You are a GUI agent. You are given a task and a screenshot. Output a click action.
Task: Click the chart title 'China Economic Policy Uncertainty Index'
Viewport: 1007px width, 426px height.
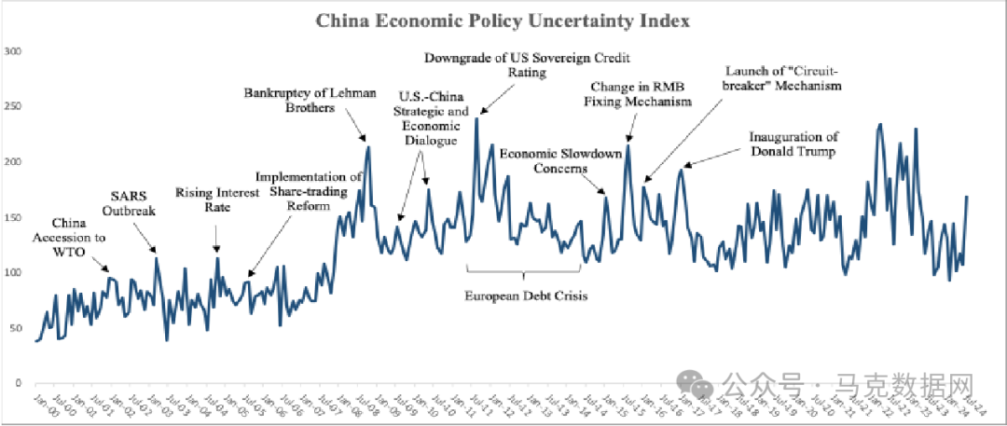click(x=504, y=20)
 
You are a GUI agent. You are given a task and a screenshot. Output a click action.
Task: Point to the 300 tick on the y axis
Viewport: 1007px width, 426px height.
click(x=12, y=50)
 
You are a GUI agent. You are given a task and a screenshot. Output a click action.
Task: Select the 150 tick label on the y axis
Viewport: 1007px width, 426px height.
click(x=12, y=217)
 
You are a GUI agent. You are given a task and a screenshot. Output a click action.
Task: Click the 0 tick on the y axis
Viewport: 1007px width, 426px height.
click(x=17, y=383)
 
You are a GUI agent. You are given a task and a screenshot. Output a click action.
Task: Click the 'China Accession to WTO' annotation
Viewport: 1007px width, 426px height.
click(x=78, y=238)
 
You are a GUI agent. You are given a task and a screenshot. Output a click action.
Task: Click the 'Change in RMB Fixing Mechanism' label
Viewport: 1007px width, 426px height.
click(x=640, y=94)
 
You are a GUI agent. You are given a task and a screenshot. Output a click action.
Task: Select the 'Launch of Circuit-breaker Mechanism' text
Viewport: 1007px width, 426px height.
click(x=783, y=77)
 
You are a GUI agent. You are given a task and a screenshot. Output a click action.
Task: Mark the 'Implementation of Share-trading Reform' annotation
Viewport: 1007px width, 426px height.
click(x=309, y=192)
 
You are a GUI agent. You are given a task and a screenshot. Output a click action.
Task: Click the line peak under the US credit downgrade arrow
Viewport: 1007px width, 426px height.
click(x=476, y=118)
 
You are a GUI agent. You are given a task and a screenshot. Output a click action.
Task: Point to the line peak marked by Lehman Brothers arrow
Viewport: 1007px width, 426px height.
click(x=367, y=146)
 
